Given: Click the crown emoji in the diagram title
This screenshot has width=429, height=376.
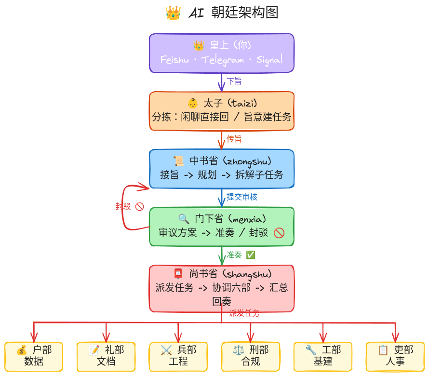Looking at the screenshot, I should click(173, 13).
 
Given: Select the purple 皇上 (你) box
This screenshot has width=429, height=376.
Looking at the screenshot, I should click(222, 53).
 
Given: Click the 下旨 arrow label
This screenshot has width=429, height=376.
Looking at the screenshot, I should click(234, 81).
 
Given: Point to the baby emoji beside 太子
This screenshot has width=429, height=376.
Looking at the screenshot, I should click(192, 103).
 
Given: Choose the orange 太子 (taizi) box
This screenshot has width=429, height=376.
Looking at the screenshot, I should click(222, 111).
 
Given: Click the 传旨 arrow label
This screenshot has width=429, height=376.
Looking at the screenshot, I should click(234, 139).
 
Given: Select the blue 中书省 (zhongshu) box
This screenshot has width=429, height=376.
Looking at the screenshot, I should click(222, 168).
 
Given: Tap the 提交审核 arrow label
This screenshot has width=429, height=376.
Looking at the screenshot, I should click(242, 197).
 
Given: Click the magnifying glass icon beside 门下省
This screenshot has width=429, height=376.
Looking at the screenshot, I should click(184, 219).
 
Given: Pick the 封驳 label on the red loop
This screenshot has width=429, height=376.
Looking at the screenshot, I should click(123, 206).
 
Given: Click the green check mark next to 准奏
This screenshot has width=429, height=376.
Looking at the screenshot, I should click(251, 255).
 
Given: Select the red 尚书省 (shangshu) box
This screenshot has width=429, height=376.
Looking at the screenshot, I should click(222, 288).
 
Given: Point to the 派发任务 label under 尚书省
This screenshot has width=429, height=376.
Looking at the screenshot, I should click(244, 313).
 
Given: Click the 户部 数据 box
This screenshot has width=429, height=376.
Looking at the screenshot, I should click(34, 356).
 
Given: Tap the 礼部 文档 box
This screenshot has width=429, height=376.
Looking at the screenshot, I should click(106, 356).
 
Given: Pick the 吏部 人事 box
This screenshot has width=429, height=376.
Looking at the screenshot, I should click(395, 356).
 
